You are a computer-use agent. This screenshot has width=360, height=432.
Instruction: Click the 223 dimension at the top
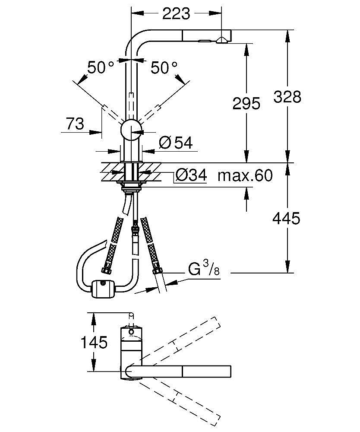point(176,14)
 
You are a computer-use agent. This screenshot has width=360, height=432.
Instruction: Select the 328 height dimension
point(287,97)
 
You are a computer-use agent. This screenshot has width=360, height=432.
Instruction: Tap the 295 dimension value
point(246,103)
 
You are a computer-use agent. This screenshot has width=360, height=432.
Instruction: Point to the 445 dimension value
point(286,219)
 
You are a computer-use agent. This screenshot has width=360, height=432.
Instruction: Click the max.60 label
point(245,176)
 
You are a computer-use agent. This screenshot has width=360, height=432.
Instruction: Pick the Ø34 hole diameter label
point(191,175)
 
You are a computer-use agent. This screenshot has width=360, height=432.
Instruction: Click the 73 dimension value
point(76,124)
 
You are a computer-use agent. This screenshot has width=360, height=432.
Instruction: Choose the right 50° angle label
point(164,68)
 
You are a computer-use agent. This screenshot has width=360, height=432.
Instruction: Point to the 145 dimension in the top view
point(94,343)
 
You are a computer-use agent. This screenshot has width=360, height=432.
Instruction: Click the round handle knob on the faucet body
point(131,130)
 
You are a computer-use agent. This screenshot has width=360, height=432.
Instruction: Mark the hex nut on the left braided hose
point(106,270)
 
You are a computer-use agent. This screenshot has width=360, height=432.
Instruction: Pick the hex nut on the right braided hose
point(157,271)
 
